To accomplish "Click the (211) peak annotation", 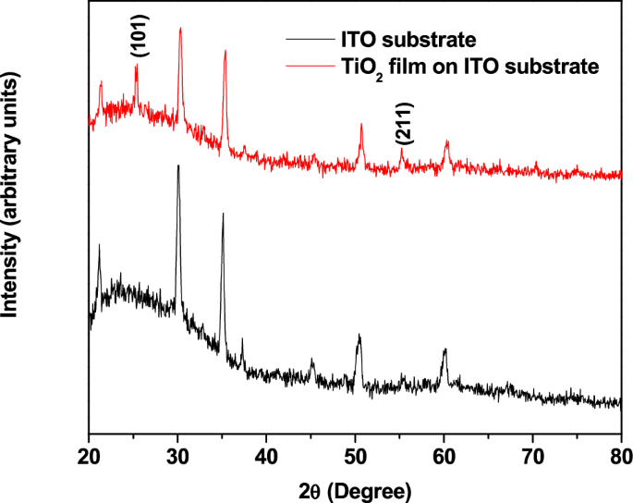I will tap(403, 123).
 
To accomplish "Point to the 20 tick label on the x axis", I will tap(89, 454).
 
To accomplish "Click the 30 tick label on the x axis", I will tap(177, 454).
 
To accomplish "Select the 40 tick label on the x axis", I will tap(266, 454).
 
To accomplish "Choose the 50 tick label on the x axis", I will tap(356, 454).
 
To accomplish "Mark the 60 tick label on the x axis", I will tap(444, 454).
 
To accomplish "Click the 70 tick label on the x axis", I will tap(533, 454).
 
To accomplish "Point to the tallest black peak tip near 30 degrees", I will tap(178, 166).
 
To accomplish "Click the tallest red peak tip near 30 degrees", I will tap(180, 28).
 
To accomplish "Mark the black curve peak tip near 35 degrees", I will tap(223, 214).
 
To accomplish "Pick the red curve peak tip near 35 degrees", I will tap(225, 51).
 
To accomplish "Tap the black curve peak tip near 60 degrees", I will tap(444, 350).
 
